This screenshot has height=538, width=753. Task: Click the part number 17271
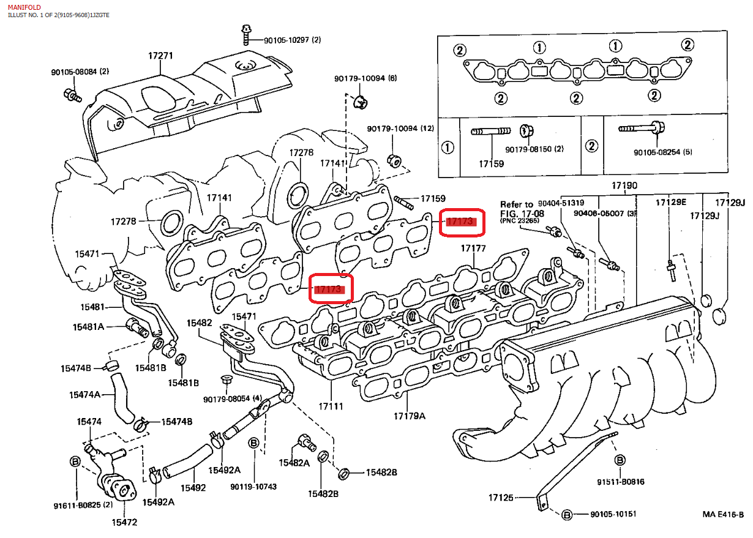(160, 56)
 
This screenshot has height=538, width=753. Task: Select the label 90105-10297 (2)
(292, 40)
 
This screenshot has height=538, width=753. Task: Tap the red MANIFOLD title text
(24, 7)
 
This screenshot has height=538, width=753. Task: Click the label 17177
(473, 248)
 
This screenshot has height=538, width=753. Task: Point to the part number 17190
(624, 185)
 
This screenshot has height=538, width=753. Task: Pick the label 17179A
(409, 416)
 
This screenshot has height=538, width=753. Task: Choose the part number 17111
(331, 406)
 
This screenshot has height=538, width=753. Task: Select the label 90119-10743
(253, 487)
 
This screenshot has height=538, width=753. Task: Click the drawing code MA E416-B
(722, 514)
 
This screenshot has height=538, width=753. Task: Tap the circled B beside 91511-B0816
(620, 460)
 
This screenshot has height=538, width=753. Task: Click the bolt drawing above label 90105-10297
(245, 35)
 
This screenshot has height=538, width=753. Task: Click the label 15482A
(293, 463)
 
